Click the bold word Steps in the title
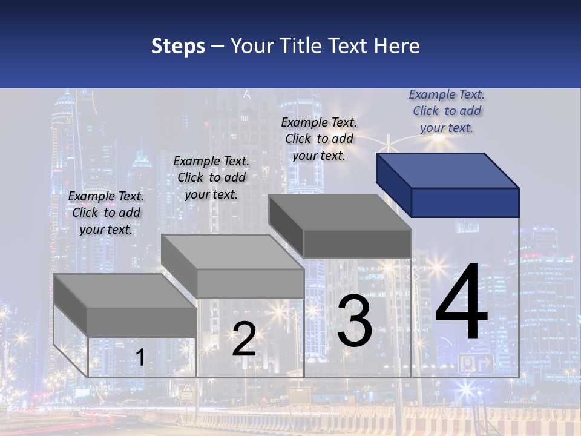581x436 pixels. click(x=178, y=46)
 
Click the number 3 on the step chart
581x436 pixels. click(x=355, y=321)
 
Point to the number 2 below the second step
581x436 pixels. click(x=244, y=339)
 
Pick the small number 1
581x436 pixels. click(x=140, y=358)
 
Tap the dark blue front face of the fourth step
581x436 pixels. click(x=465, y=202)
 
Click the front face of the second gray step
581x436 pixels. click(x=251, y=283)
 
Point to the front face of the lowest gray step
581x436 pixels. click(x=142, y=322)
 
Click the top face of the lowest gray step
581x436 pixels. click(x=124, y=291)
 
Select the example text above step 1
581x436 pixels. click(x=106, y=213)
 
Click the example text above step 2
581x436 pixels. click(x=211, y=177)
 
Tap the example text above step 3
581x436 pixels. click(x=319, y=139)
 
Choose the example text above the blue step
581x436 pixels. click(x=447, y=111)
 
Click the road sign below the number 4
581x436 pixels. click(x=476, y=364)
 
